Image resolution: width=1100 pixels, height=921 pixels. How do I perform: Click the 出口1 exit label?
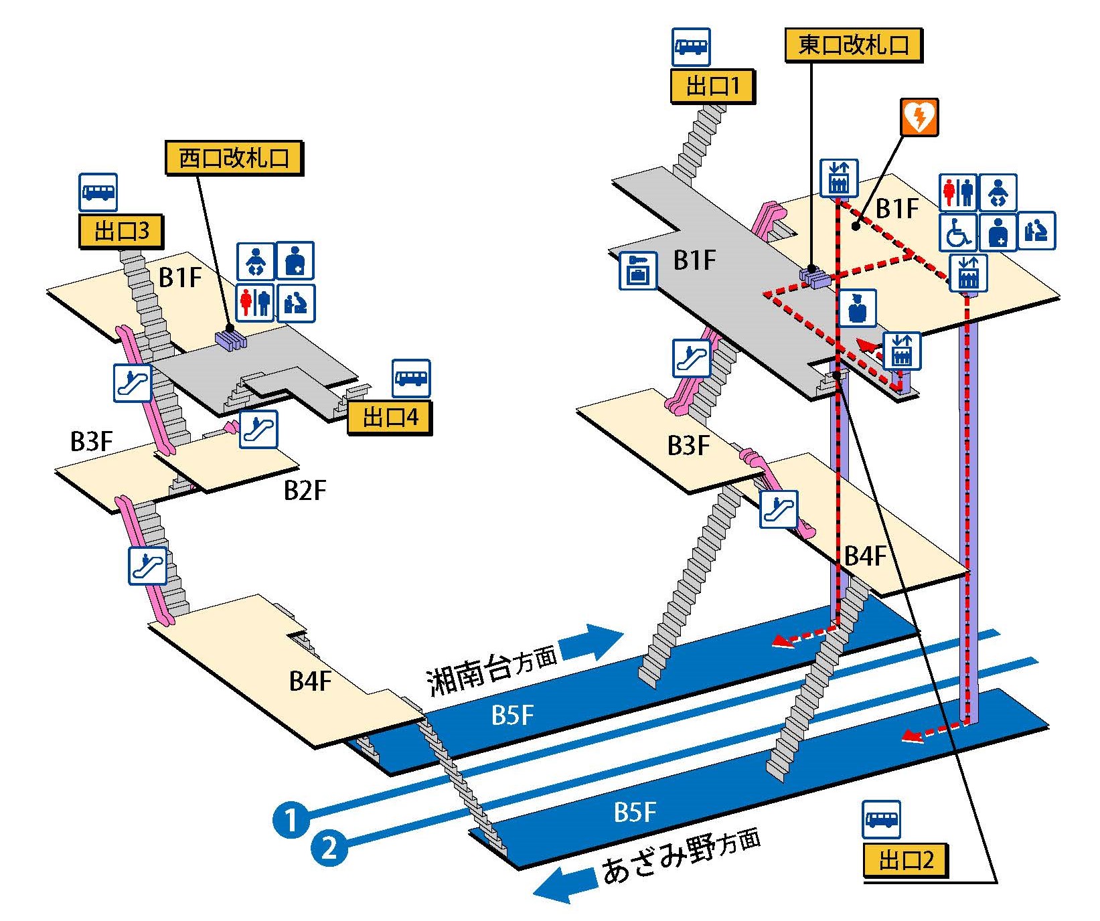click(x=713, y=86)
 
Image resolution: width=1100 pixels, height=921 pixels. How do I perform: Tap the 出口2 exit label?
click(x=905, y=859)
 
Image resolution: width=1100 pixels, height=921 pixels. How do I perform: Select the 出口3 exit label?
click(x=121, y=231)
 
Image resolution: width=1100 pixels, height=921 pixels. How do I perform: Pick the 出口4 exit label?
click(x=390, y=418)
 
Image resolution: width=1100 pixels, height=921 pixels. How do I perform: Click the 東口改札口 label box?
click(x=854, y=45)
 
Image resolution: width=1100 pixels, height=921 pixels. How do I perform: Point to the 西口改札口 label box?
click(x=234, y=158)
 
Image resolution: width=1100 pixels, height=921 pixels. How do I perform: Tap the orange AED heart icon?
click(x=919, y=117)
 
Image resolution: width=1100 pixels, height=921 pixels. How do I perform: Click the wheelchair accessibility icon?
click(x=958, y=232)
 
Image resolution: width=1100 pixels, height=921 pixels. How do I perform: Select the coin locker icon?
click(x=638, y=270)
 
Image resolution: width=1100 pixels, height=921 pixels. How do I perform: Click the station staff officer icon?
click(x=857, y=308)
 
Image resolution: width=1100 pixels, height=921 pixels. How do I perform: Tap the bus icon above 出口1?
click(x=691, y=47)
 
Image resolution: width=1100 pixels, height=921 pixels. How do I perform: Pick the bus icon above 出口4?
click(x=411, y=378)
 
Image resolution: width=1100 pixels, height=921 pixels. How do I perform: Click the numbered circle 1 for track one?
click(x=291, y=819)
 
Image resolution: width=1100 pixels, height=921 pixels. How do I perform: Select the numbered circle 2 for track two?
click(x=329, y=849)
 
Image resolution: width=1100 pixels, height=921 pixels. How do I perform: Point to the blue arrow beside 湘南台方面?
click(x=591, y=641)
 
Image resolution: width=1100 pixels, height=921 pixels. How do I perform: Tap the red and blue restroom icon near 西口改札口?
click(x=255, y=302)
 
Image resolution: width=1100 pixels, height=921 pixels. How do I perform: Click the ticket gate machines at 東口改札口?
click(x=815, y=276)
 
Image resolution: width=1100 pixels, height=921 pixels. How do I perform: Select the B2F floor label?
click(x=305, y=491)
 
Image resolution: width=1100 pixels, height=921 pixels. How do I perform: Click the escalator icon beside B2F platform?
click(x=258, y=429)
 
